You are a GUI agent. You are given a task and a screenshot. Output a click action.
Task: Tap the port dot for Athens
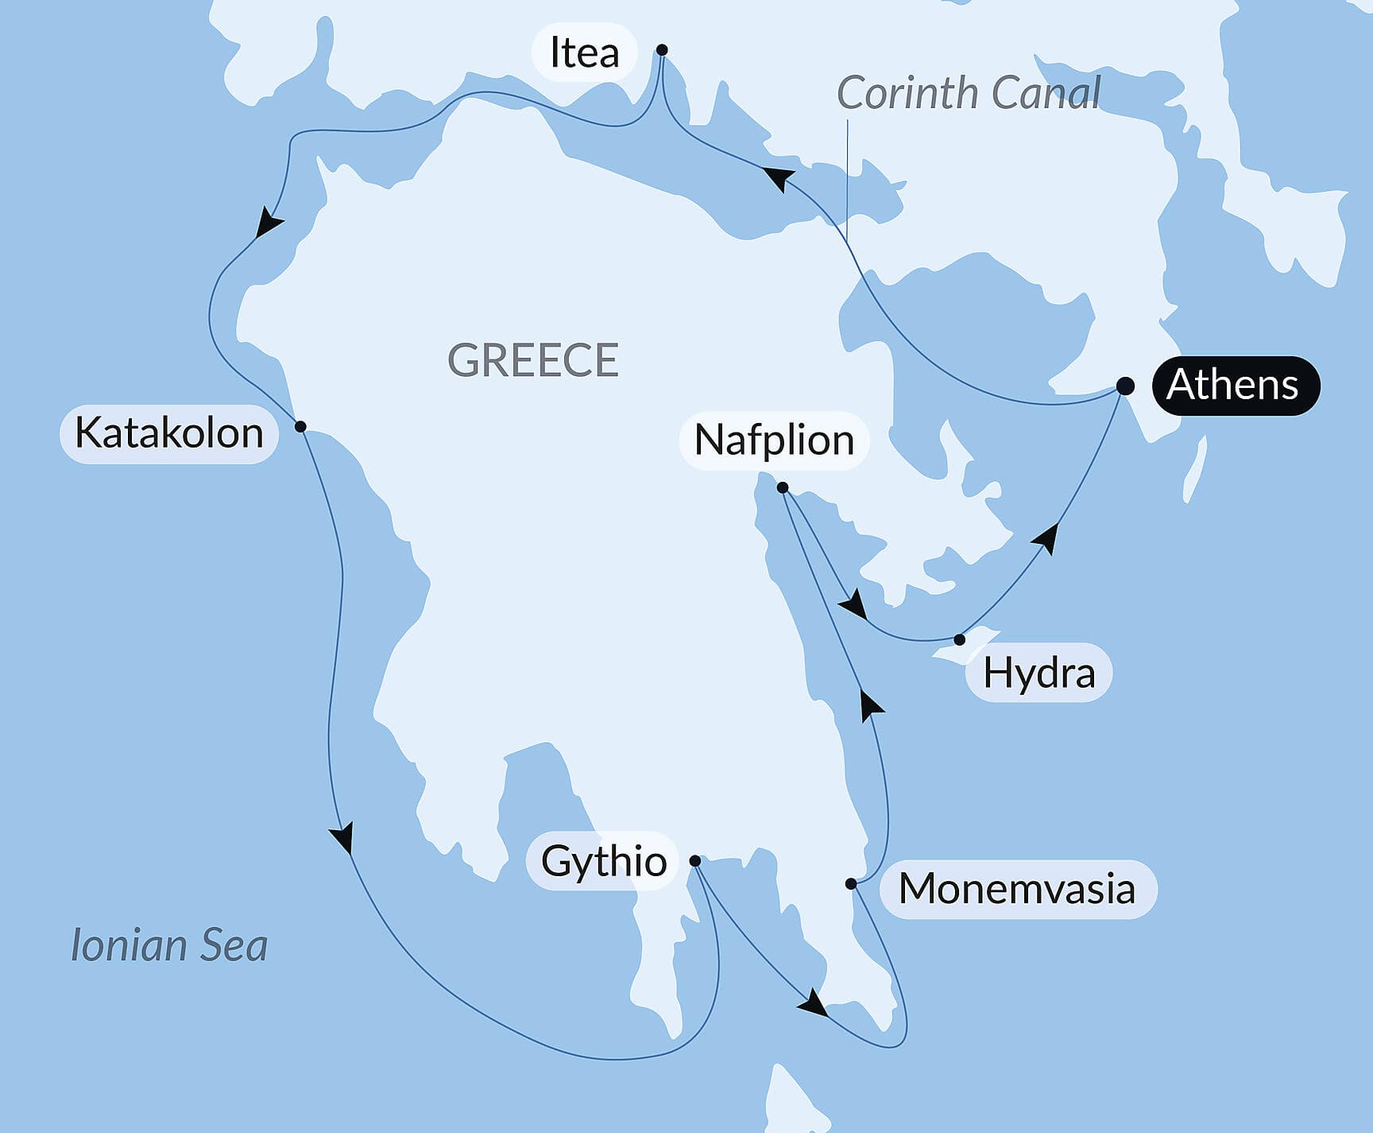click(x=1125, y=386)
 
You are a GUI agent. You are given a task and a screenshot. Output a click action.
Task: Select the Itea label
click(x=584, y=53)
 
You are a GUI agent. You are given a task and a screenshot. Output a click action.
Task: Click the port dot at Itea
click(x=662, y=50)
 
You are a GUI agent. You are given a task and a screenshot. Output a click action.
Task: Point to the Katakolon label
click(x=169, y=433)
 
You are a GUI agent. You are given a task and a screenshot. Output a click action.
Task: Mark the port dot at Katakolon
click(x=300, y=427)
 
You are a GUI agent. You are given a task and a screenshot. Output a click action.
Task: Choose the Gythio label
click(x=603, y=861)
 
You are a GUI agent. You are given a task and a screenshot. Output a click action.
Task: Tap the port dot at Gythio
click(x=695, y=861)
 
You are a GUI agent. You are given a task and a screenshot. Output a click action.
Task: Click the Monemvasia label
click(x=1016, y=889)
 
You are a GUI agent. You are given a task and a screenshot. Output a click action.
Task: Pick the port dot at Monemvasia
click(x=851, y=884)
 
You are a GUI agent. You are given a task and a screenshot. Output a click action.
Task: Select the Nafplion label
click(x=774, y=440)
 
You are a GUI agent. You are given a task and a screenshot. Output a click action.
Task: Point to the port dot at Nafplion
click(x=783, y=487)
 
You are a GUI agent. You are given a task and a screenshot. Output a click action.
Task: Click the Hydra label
click(x=1038, y=673)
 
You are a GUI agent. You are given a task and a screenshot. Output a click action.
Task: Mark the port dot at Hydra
click(x=960, y=640)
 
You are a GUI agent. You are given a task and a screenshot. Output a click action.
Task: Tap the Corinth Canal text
click(x=969, y=93)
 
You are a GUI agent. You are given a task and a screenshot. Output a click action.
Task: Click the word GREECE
click(x=533, y=360)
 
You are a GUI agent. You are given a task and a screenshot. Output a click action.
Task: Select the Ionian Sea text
click(x=169, y=945)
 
